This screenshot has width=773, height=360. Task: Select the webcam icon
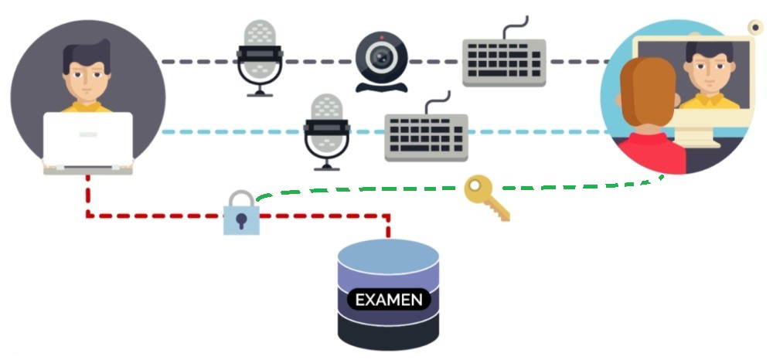tap(381, 60)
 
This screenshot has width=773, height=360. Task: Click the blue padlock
tap(241, 215)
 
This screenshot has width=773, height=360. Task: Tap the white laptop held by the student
tap(87, 139)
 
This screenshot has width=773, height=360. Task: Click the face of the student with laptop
tap(87, 77)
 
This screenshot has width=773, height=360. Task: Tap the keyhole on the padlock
tap(241, 222)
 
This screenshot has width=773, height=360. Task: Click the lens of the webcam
tap(380, 56)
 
